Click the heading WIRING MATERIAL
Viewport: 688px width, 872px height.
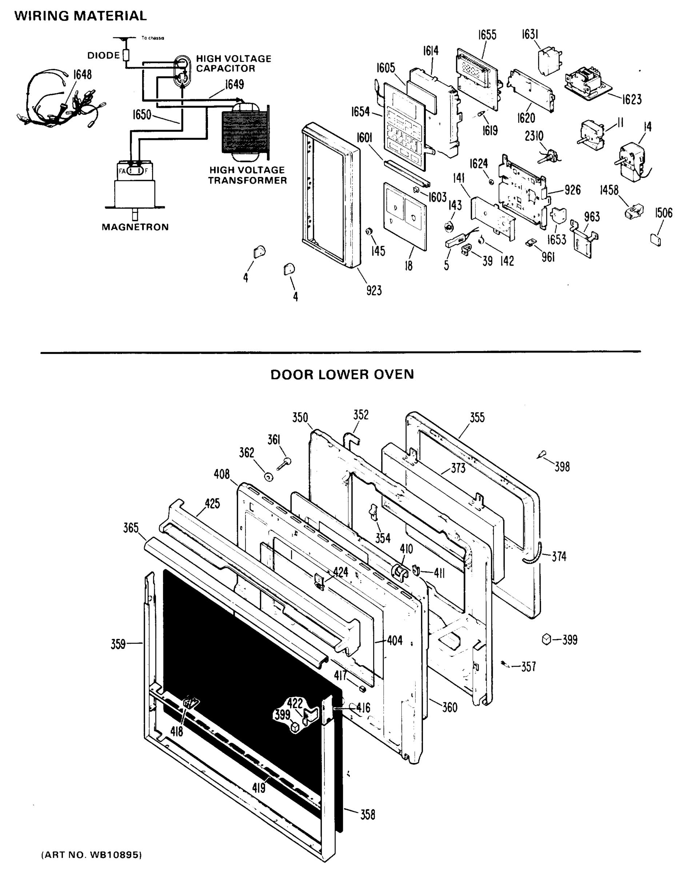point(81,16)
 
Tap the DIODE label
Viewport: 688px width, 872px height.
point(104,56)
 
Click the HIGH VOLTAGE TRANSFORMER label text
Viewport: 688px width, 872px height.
point(247,175)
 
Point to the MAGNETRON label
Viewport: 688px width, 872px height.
point(135,227)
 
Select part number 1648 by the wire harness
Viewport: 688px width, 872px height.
point(82,75)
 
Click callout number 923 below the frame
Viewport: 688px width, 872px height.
point(374,290)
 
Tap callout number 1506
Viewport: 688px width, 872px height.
point(663,213)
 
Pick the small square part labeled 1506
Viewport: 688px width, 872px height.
point(656,241)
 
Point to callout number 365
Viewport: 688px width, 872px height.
point(131,528)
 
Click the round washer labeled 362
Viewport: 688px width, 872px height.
point(268,477)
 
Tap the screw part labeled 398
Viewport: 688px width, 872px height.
point(541,455)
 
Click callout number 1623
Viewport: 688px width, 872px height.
point(632,100)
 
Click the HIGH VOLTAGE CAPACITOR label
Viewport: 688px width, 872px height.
point(233,64)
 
